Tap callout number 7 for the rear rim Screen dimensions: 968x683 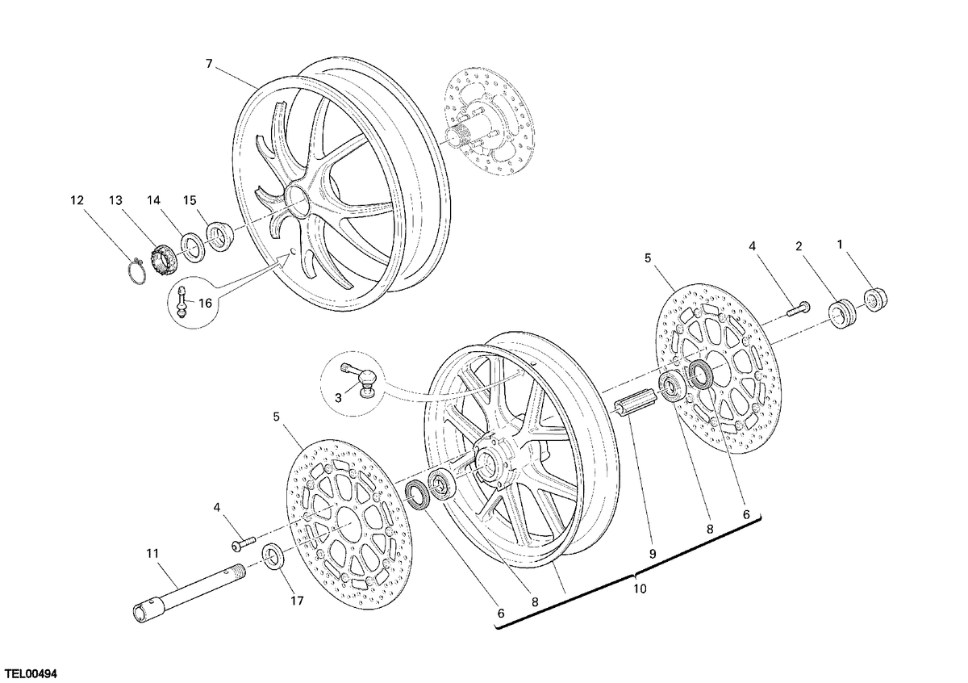209,64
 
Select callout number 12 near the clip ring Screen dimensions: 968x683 77,201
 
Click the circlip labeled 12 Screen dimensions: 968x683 138,271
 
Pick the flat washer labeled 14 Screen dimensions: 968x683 193,247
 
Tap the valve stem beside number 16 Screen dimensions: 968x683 183,301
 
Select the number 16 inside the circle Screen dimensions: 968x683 206,304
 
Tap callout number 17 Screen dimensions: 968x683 297,601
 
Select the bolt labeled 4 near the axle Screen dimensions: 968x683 244,543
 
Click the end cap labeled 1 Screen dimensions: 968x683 875,299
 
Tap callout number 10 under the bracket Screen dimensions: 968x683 640,589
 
